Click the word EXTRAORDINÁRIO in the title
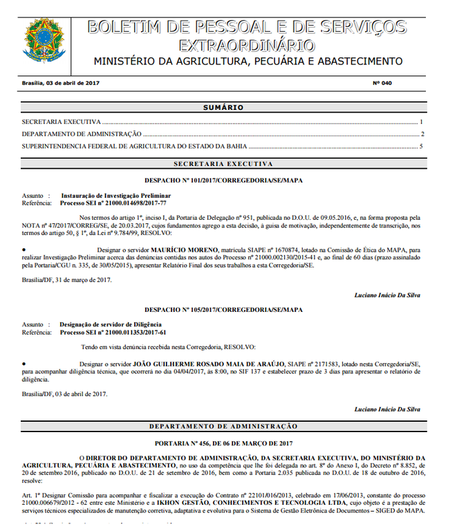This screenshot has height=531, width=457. [x=246, y=46]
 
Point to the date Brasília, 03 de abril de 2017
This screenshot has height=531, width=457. [x=62, y=83]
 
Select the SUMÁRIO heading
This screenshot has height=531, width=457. [x=223, y=108]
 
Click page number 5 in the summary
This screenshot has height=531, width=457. [x=421, y=146]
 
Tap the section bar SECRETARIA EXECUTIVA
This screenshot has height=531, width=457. [x=223, y=164]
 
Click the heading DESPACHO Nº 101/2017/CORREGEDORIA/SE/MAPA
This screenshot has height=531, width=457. [x=223, y=180]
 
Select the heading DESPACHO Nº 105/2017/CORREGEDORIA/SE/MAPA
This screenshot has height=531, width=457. [x=223, y=309]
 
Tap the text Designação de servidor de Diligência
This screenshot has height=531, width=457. [x=111, y=325]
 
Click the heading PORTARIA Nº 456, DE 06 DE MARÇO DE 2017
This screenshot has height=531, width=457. [x=223, y=442]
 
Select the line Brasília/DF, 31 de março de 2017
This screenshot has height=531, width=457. [x=66, y=279]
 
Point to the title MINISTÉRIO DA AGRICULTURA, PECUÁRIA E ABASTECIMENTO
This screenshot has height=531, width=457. [x=248, y=62]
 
